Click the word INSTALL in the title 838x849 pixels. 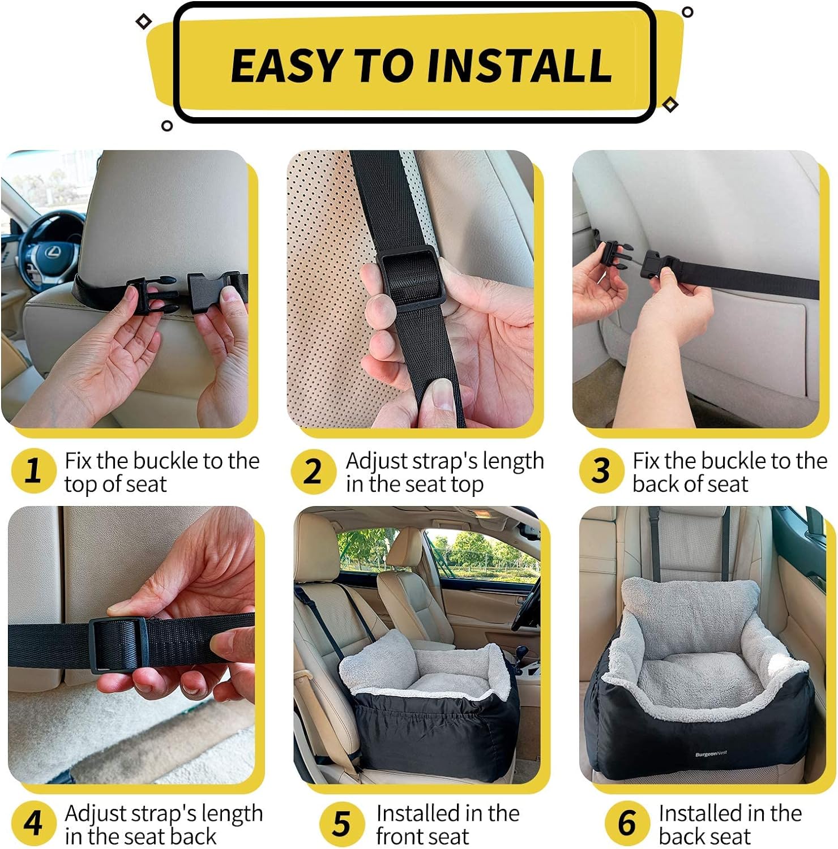(x=519, y=66)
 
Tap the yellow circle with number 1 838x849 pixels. (x=33, y=471)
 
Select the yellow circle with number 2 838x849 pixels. (x=313, y=471)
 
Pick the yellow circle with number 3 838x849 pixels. (x=601, y=471)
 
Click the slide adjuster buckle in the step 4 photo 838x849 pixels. (x=118, y=645)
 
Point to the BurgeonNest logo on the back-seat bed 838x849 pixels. (x=711, y=754)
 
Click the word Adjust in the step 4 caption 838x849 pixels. (x=95, y=814)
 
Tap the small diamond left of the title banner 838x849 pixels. (x=144, y=22)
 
